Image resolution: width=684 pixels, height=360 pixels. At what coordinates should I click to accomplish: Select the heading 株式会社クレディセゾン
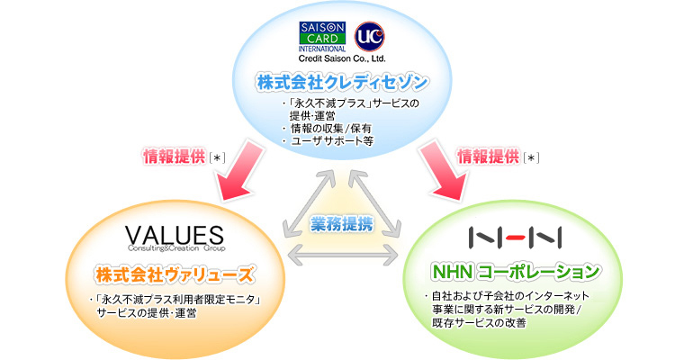[x=342, y=83]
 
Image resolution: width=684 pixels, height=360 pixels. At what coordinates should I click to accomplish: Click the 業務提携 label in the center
[x=341, y=224]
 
